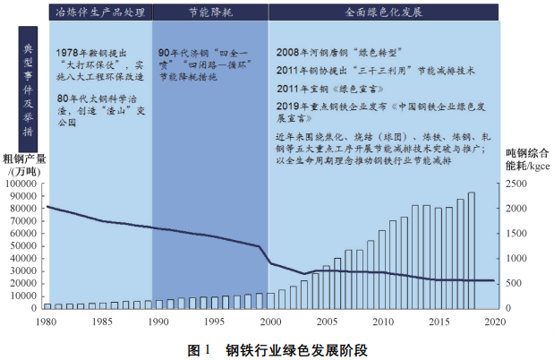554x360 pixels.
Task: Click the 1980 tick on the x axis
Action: [x=47, y=321]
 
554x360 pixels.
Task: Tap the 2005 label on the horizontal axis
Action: [x=327, y=321]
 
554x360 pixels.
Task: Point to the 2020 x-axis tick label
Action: [x=494, y=321]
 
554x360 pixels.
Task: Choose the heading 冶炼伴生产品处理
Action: [x=94, y=15]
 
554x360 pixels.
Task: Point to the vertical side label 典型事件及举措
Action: [x=25, y=81]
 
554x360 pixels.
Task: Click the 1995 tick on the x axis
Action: [x=215, y=321]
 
